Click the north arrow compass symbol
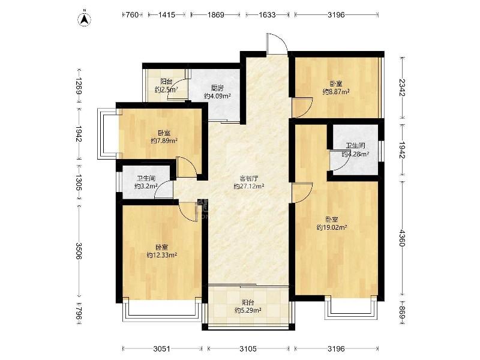pyautogui.click(x=85, y=18)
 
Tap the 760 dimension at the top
pyautogui.click(x=132, y=14)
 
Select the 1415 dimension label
pyautogui.click(x=167, y=14)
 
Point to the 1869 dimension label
pyautogui.click(x=215, y=14)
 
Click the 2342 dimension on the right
pyautogui.click(x=402, y=88)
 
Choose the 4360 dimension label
pyautogui.click(x=402, y=238)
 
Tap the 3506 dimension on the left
pyautogui.click(x=79, y=251)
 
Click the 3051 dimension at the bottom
pyautogui.click(x=162, y=349)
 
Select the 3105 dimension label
pyautogui.click(x=248, y=349)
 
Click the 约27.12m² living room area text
pyautogui.click(x=249, y=186)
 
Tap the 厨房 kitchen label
pyautogui.click(x=217, y=88)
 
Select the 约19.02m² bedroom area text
pyautogui.click(x=332, y=227)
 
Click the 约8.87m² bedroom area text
pyautogui.click(x=336, y=91)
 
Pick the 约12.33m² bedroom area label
pyautogui.click(x=162, y=254)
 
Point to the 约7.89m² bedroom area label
pyautogui.click(x=164, y=140)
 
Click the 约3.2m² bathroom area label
pyautogui.click(x=146, y=186)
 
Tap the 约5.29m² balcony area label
pyautogui.click(x=248, y=310)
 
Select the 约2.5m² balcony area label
pyautogui.click(x=166, y=89)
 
